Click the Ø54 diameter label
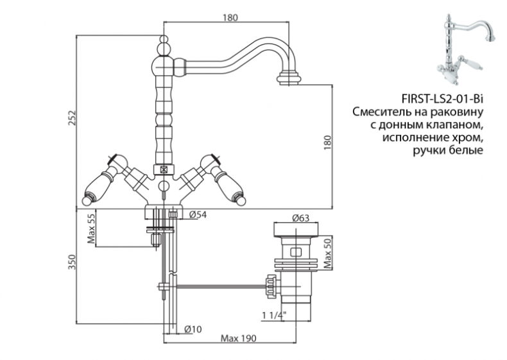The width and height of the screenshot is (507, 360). coord(198,214)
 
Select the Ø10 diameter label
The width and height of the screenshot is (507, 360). coord(193,329)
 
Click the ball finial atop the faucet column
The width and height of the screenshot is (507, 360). coord(164,45)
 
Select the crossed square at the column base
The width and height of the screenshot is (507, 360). coord(164,171)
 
